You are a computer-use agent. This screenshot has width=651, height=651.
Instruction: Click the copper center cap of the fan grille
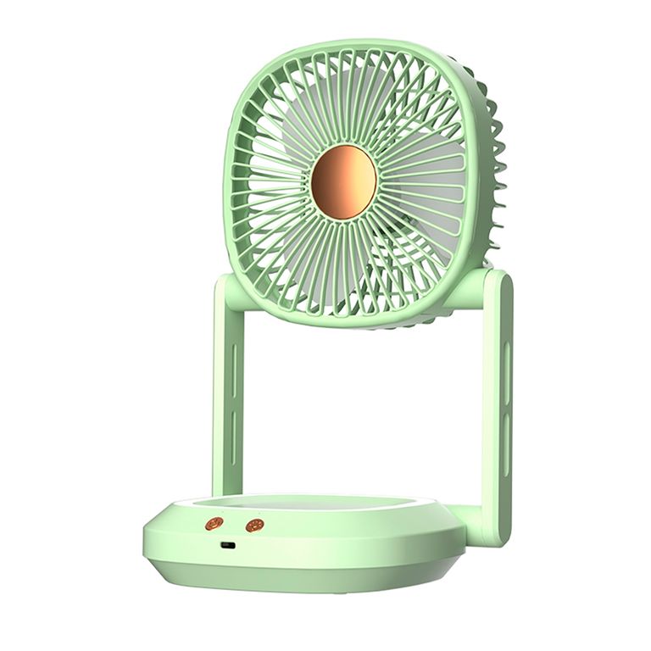click(343, 181)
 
